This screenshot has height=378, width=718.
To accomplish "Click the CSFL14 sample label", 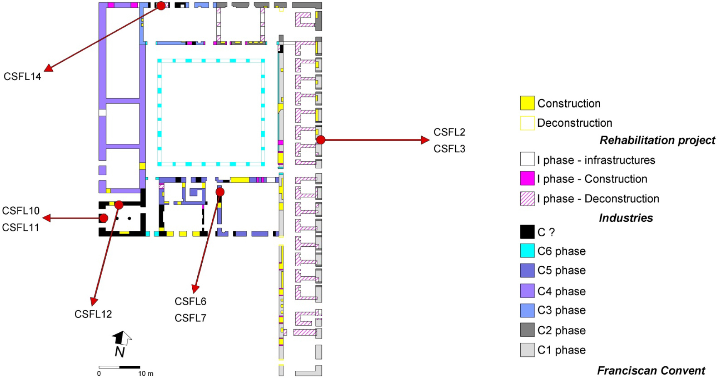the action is point(22,76).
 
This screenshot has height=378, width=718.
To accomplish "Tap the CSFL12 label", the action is point(93,314).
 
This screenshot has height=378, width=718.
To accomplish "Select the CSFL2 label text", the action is point(449,132).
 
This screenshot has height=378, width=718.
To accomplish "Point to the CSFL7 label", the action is point(190,318).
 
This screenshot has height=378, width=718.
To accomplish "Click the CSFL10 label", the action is point(21,211).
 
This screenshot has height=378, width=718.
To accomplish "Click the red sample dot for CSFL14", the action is point(161,6).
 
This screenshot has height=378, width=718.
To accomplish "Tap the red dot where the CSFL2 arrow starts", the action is point(321,140).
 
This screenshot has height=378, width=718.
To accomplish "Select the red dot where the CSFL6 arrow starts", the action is point(220,192).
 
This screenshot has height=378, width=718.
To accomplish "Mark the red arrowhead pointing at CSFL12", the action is point(95,302).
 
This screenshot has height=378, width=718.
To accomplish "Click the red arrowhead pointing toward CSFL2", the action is point(425,140).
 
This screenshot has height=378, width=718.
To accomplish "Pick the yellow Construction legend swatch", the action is point(527,103).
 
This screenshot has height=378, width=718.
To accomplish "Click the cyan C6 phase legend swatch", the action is point(527,251).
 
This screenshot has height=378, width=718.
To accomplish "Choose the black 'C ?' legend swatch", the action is point(527,232).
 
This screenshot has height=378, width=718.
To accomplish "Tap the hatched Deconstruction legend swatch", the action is point(527,199).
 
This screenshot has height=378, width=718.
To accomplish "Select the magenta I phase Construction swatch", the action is point(527,179).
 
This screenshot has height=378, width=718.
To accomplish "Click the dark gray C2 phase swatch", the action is point(527,330).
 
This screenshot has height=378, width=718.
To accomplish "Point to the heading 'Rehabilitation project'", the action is point(657,140).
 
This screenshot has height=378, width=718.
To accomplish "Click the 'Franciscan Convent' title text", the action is point(651,371).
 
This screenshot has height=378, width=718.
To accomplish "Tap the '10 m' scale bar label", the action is point(146,373).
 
